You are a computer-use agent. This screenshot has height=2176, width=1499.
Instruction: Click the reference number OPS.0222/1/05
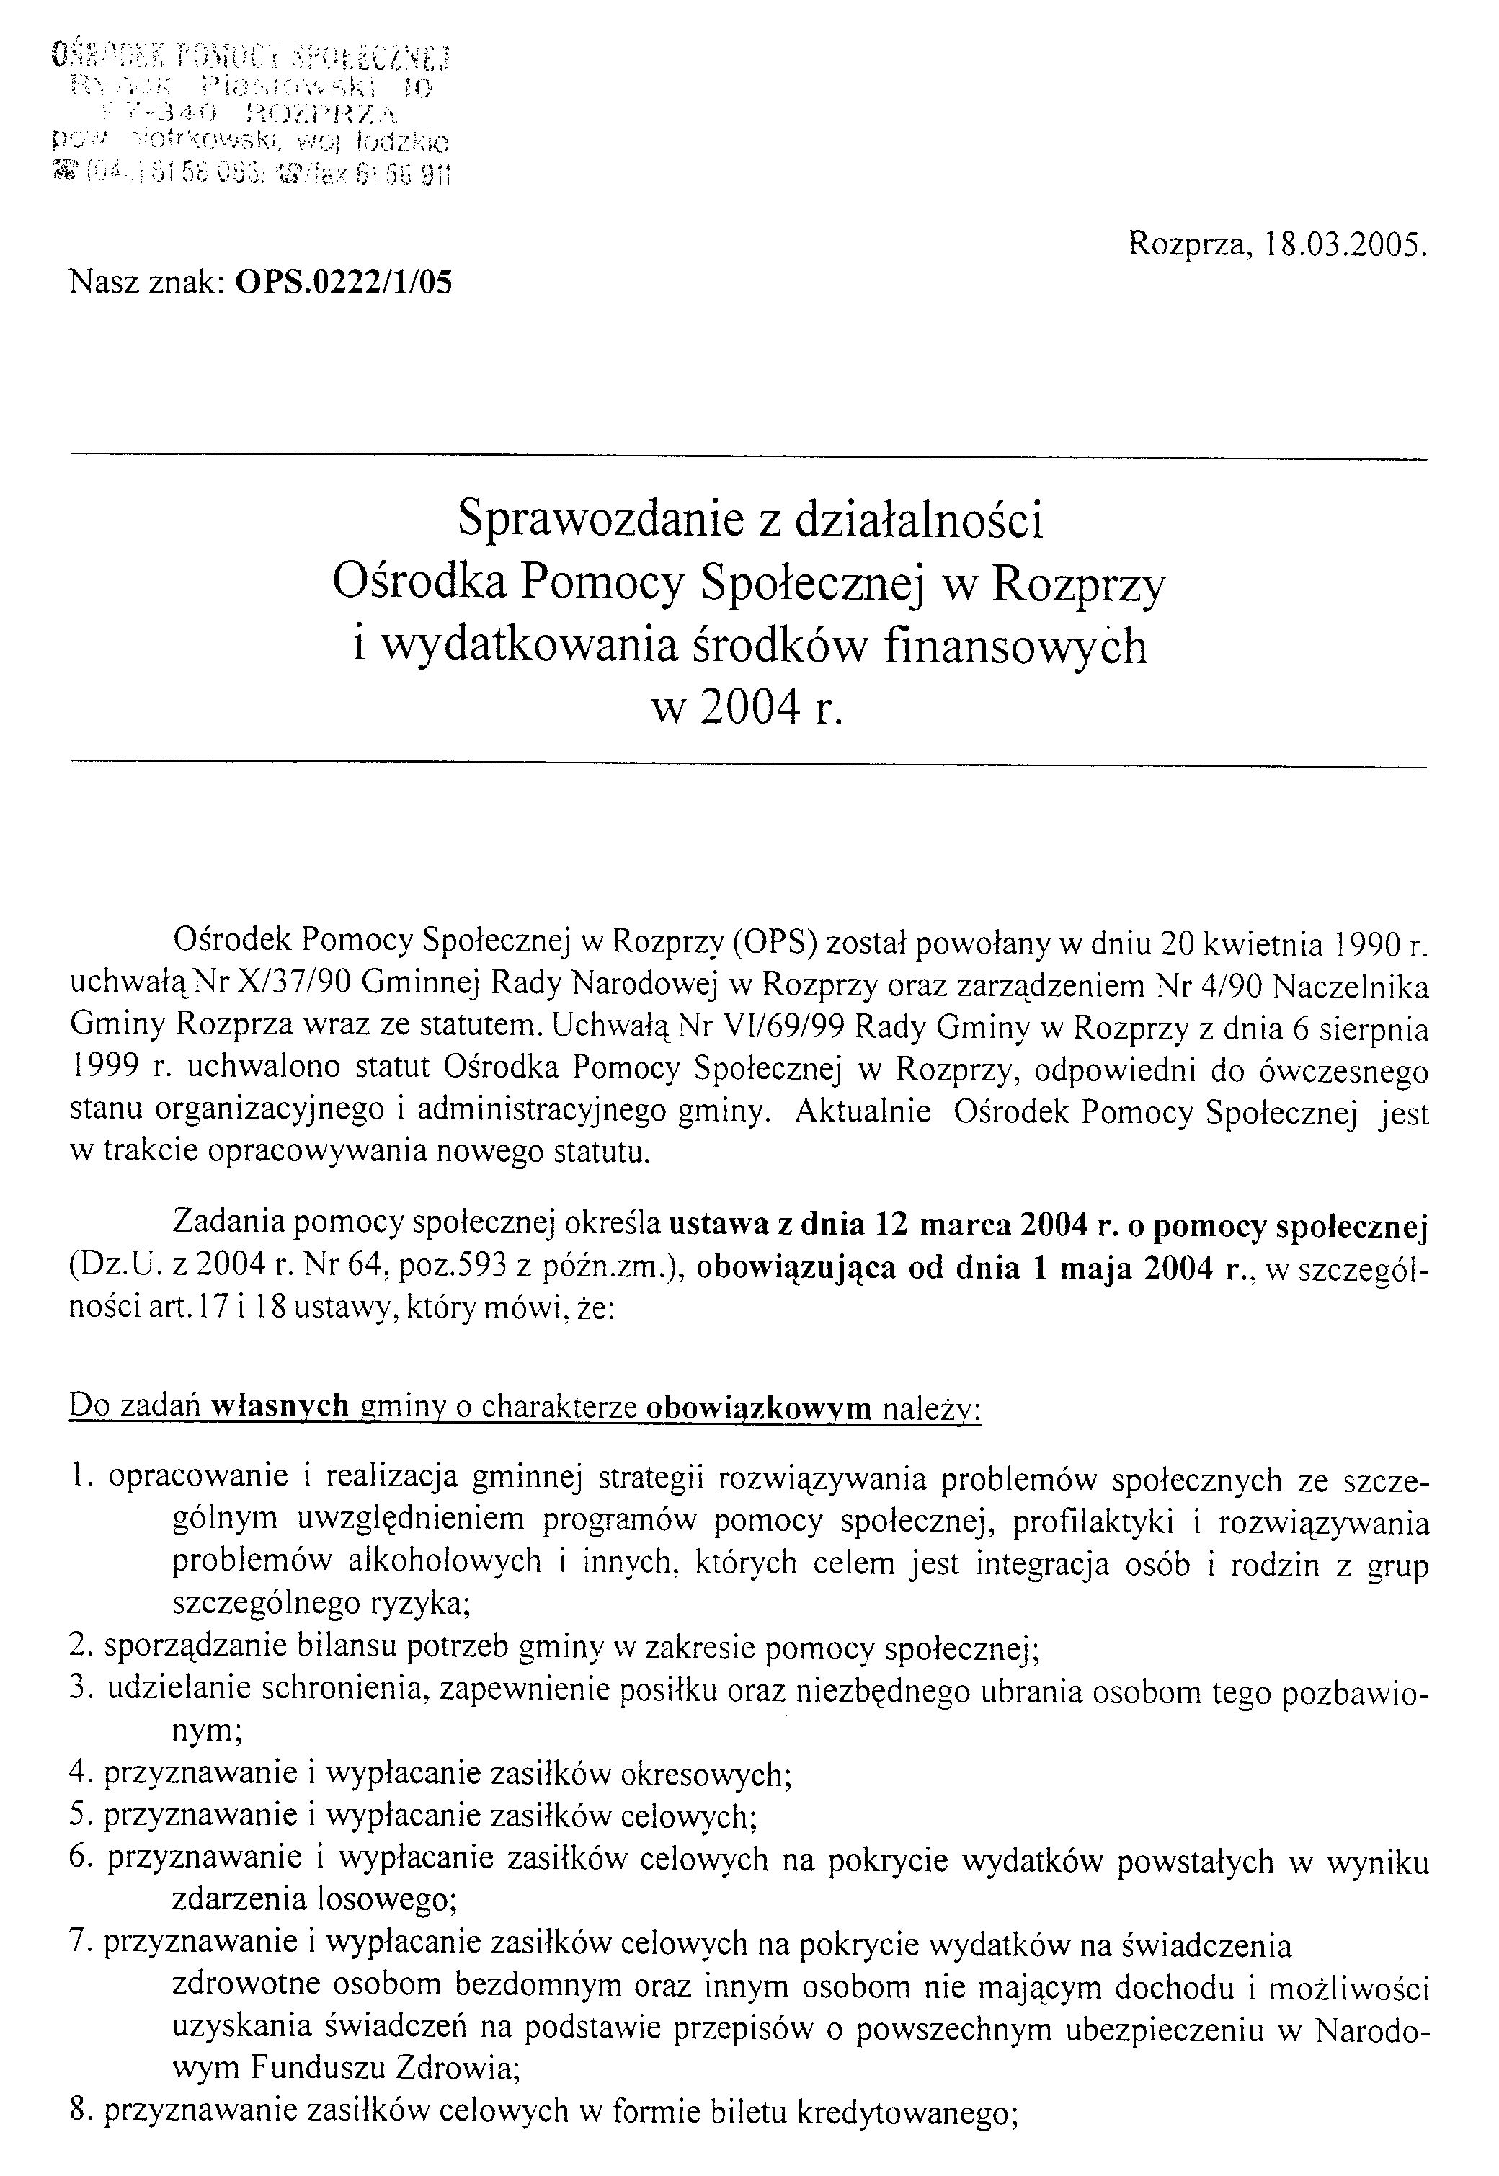tap(344, 282)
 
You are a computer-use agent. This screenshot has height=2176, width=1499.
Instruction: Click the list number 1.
tap(81, 1478)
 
